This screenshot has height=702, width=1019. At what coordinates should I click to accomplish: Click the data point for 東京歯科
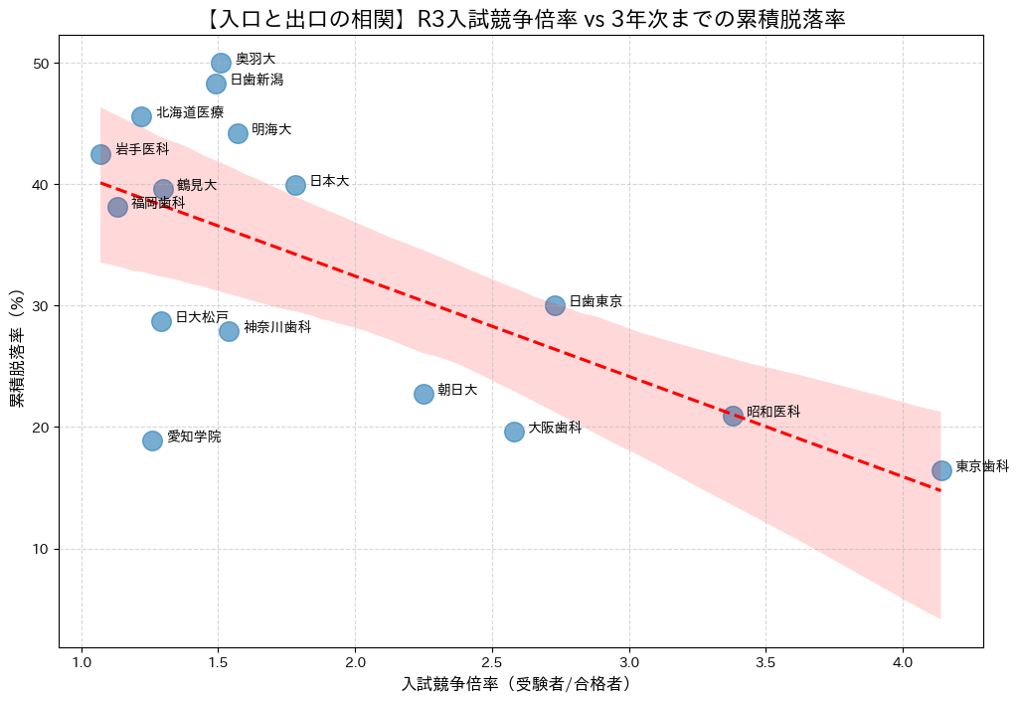point(941,470)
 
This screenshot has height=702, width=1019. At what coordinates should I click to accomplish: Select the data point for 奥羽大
point(221,63)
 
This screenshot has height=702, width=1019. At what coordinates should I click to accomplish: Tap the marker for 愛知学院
point(152,440)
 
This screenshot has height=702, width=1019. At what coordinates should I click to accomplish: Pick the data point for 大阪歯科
point(514,432)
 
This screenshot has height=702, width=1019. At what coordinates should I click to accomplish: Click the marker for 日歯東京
point(555,305)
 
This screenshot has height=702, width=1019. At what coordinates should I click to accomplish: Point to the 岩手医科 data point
point(100,154)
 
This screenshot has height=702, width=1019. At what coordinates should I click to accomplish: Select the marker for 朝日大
point(424,394)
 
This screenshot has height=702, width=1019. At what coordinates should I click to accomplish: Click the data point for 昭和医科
point(733,416)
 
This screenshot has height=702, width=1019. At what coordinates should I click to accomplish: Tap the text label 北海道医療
point(190,112)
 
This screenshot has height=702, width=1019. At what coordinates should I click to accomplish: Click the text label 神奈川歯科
point(277,326)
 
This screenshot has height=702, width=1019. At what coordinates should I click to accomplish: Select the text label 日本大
point(329,181)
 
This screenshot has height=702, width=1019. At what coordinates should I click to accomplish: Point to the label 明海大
point(271,129)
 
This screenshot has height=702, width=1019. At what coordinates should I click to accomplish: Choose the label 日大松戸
point(202,317)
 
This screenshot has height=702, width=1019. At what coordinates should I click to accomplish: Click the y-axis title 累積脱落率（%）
point(18,349)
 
